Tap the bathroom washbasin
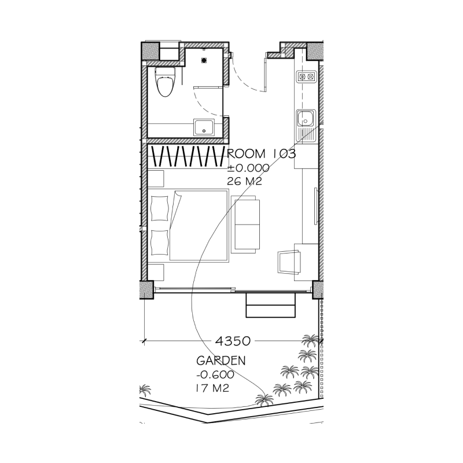(x=204, y=127)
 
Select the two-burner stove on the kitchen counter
(x=306, y=77)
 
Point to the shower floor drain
(x=204, y=61)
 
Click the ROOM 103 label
(x=261, y=154)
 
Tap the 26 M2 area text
(x=244, y=181)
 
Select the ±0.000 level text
(x=248, y=168)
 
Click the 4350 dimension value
(x=233, y=341)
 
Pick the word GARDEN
(x=221, y=361)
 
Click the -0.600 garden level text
(x=215, y=374)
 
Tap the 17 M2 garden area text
(x=212, y=388)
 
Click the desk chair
(x=289, y=262)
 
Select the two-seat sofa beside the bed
(x=245, y=225)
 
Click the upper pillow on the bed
(x=160, y=208)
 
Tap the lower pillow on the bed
(x=160, y=242)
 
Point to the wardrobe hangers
(x=188, y=156)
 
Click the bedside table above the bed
(x=156, y=179)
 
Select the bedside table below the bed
(x=156, y=272)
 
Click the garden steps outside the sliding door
(x=271, y=306)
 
